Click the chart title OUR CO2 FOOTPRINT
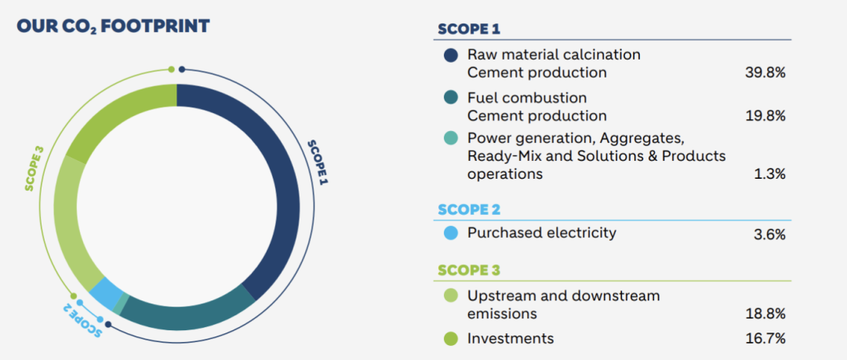[113, 26]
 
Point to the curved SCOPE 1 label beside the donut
[318, 162]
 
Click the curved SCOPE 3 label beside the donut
[35, 168]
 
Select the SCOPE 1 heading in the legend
[469, 29]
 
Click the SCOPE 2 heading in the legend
[469, 209]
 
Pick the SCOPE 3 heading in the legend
[469, 270]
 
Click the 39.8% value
[765, 73]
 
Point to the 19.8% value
[765, 116]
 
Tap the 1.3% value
[770, 175]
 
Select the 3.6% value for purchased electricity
[769, 235]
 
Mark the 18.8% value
[765, 314]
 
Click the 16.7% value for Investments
[765, 339]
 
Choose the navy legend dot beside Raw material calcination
[450, 55]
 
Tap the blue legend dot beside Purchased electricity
[450, 233]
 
